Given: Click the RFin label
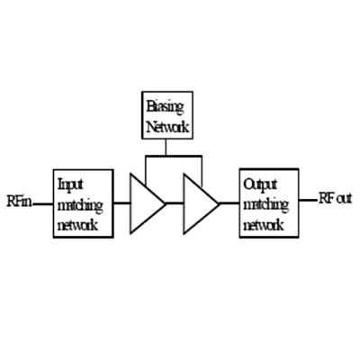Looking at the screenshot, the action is point(19,201).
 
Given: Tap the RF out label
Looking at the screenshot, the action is point(335,199).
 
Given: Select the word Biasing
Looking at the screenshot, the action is point(165,108).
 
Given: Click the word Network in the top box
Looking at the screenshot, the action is point(167,127).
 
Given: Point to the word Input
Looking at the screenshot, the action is point(70,184).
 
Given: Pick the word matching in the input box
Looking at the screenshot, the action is point(80,206).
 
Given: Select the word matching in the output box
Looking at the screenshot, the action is point(265,205).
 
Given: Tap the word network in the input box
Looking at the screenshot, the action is point(77,225).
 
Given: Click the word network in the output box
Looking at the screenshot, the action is point(264,225).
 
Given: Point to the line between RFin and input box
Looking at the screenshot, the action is point(43,204).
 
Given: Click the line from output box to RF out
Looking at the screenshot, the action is point(308,200).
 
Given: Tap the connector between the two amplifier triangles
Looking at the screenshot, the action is point(175,203).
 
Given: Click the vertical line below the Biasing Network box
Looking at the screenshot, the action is point(166,148).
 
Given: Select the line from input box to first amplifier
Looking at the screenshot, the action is point(121,203).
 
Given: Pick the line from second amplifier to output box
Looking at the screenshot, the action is point(229,203).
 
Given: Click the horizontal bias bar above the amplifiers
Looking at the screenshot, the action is point(174,156).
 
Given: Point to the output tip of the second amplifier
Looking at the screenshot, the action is point(220,203).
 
